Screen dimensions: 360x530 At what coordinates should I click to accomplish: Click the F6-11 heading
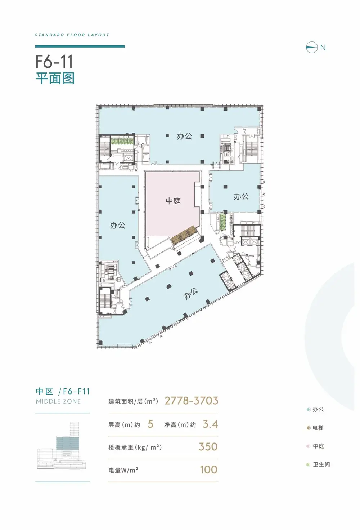point(54,62)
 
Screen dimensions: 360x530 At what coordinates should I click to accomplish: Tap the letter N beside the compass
point(323,48)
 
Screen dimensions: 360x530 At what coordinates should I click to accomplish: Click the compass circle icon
point(311,47)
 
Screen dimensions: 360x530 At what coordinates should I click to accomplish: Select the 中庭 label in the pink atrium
point(173,201)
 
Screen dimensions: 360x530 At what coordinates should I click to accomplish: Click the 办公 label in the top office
point(184,136)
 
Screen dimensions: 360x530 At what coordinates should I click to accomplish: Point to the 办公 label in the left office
point(117,225)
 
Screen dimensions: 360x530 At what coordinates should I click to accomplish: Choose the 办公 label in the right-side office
point(241,196)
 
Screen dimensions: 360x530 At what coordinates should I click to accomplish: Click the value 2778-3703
point(191,401)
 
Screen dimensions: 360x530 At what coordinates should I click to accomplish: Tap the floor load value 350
point(208,446)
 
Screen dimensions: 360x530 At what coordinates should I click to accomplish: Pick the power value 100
point(208,469)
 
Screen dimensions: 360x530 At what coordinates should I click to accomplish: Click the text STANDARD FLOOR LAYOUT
point(72,35)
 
